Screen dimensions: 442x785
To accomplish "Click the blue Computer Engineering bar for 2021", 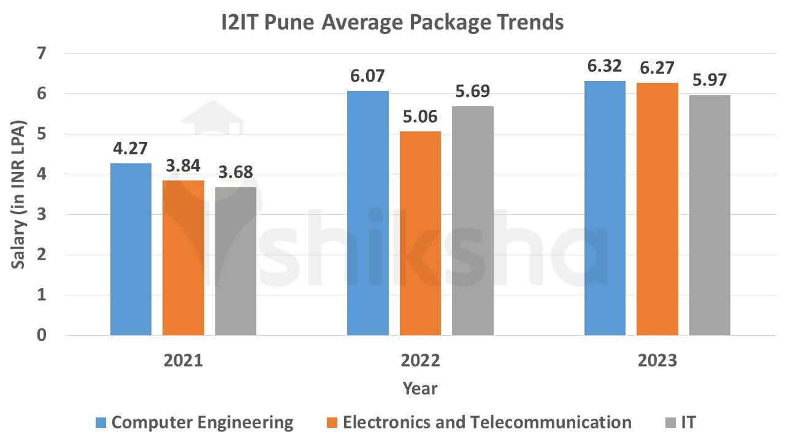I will tap(131, 249).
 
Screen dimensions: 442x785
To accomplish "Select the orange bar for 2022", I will tap(420, 233).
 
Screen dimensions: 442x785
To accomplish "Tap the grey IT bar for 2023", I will tap(710, 215).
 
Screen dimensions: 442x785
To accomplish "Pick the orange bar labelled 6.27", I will tap(657, 209).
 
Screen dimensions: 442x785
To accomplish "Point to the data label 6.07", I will tap(368, 77).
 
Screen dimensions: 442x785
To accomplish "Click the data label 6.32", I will tap(604, 66).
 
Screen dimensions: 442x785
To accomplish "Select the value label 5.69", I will tap(473, 92).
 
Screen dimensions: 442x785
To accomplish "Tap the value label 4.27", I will tap(131, 149).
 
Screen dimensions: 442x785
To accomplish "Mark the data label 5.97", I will tap(710, 81).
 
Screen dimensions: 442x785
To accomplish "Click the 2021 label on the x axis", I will tap(183, 360).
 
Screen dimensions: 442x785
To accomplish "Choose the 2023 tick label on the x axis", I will tap(657, 360).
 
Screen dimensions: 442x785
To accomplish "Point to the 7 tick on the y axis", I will tap(42, 54).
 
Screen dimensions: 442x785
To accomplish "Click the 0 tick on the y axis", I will tap(42, 335).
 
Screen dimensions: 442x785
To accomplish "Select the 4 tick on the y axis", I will tap(42, 174).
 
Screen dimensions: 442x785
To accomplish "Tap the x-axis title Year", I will tap(420, 389).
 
